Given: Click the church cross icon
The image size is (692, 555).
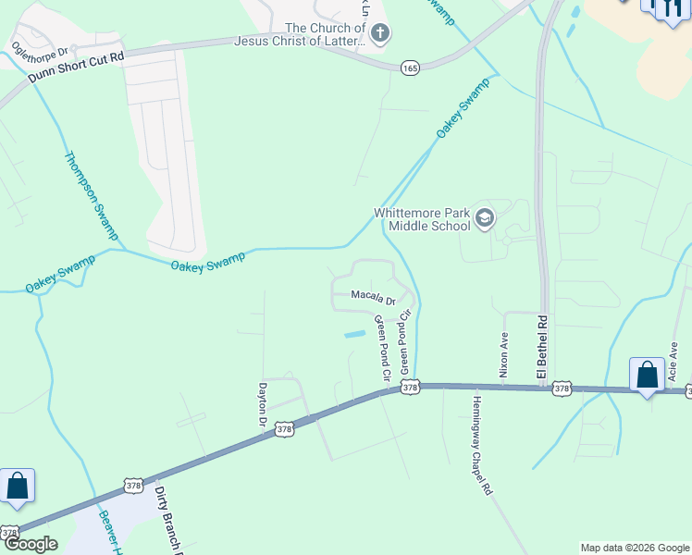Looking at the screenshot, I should [x=380, y=34].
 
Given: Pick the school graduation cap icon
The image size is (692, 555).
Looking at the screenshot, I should [x=485, y=219].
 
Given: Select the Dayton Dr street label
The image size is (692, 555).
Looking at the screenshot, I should [x=262, y=404].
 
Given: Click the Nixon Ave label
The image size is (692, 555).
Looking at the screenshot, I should [x=504, y=354].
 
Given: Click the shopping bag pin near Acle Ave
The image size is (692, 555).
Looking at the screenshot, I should [x=647, y=375].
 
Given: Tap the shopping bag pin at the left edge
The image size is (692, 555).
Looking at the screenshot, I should [x=17, y=486].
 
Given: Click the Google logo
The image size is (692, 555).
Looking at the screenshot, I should [x=30, y=544].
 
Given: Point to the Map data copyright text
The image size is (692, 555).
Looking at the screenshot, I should [x=635, y=548].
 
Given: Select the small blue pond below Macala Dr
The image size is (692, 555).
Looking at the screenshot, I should [x=353, y=334].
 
